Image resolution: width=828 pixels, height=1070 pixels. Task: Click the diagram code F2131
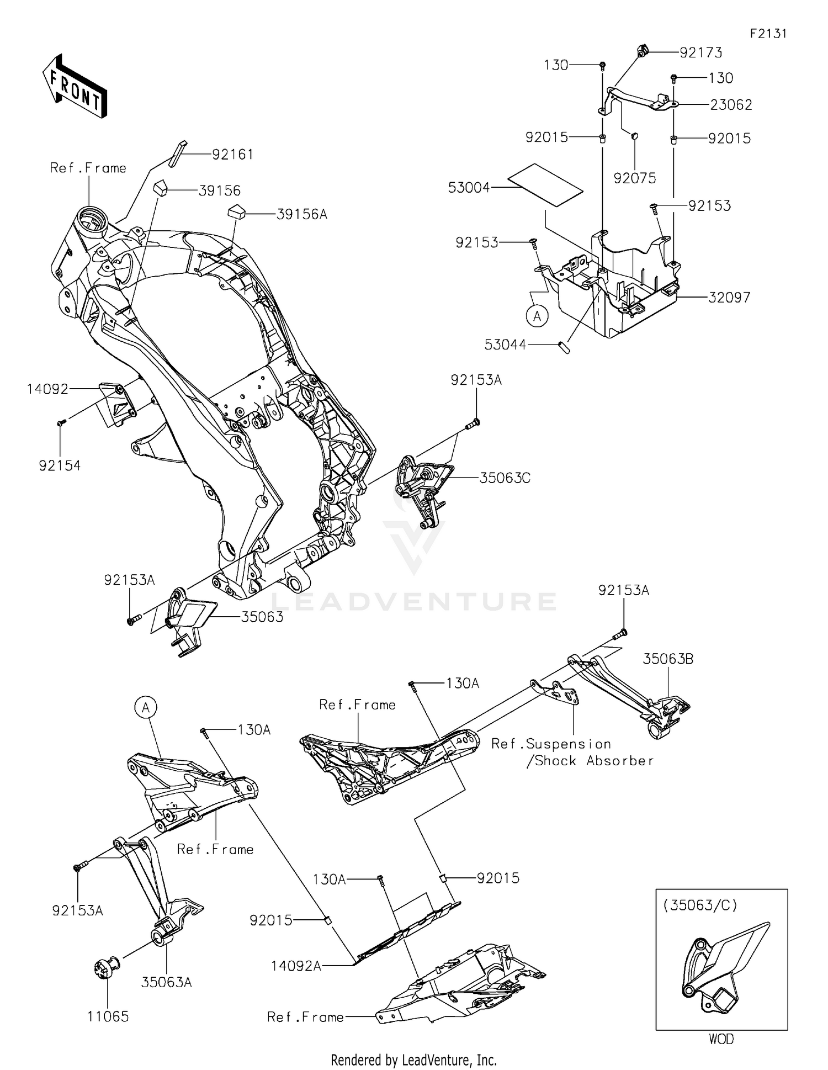768,34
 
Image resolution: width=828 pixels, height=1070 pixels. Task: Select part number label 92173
700,52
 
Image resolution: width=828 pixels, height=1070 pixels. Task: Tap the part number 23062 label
731,105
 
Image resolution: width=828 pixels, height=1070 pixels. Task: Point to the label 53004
469,188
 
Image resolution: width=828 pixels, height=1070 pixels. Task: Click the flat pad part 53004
545,185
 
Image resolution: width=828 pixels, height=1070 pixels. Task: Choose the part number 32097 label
729,298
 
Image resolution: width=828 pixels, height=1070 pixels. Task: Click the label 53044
505,345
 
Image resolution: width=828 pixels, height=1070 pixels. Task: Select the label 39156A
301,214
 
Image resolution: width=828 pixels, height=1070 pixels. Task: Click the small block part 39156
161,187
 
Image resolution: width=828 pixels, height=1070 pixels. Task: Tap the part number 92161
232,155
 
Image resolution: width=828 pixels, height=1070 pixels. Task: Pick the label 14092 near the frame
47,389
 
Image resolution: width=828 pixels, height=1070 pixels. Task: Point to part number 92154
60,465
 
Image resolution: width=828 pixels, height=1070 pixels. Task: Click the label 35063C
505,478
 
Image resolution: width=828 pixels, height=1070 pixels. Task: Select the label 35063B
668,659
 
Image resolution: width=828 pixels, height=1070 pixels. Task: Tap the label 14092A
296,966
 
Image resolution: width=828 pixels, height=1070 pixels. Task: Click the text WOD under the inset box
721,1039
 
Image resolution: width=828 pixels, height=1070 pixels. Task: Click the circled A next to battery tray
537,316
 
